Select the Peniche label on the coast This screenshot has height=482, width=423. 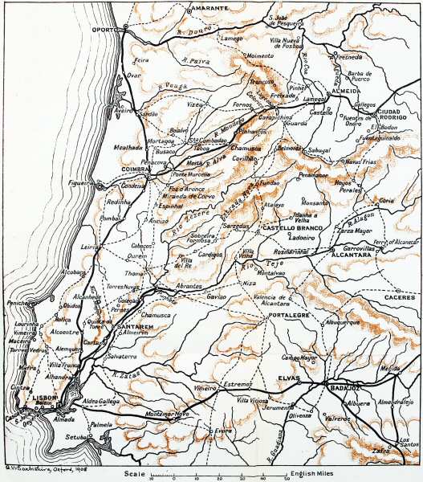(17, 304)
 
